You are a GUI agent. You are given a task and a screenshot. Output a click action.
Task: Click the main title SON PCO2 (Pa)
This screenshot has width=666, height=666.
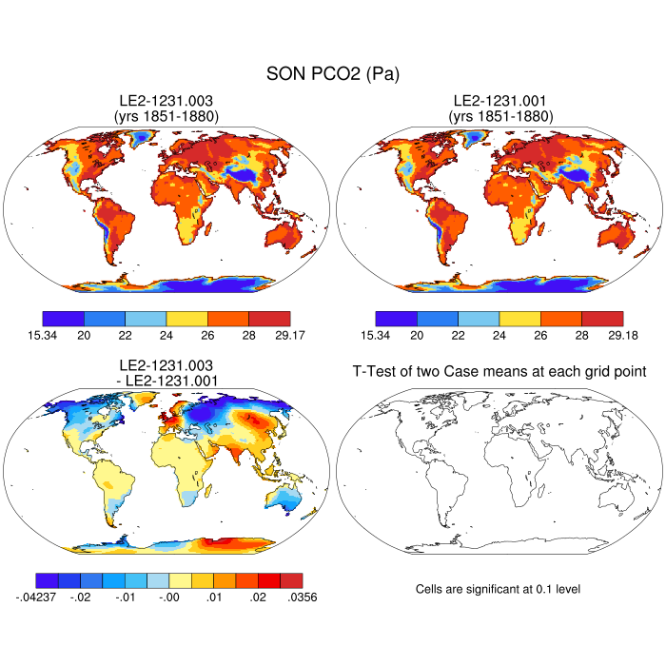click(332, 73)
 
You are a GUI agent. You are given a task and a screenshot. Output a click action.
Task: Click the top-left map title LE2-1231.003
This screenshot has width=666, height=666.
click(166, 101)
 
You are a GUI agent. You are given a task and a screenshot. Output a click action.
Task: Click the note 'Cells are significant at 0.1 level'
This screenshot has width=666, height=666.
click(498, 590)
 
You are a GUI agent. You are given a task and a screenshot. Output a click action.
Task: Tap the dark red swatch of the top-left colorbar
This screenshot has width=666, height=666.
click(269, 319)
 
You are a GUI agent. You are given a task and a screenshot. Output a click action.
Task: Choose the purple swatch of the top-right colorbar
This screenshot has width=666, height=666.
click(396, 319)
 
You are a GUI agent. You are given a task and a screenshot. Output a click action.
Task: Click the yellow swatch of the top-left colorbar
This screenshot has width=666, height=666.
click(187, 319)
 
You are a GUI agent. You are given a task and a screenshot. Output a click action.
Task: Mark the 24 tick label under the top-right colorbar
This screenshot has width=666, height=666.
click(499, 335)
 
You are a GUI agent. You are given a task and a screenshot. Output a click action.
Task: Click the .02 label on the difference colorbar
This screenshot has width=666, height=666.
click(258, 597)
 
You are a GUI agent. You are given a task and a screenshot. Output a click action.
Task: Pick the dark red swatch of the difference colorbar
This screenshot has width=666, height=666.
click(291, 580)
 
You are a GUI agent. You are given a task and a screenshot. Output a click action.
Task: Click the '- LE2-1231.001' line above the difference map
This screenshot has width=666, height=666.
click(166, 381)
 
